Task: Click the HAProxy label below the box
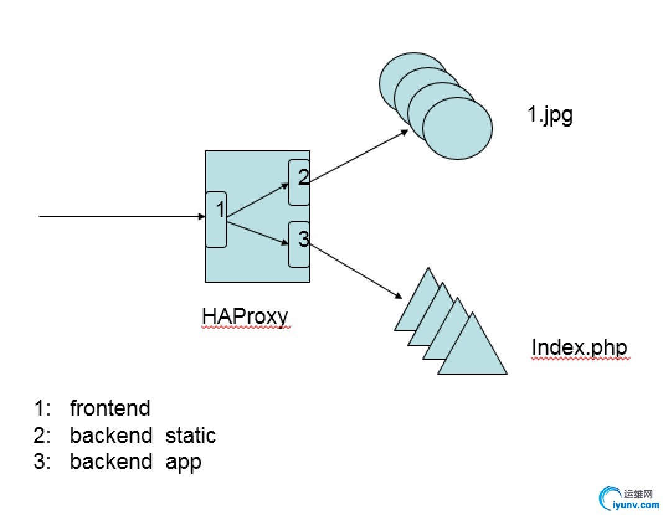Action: (245, 316)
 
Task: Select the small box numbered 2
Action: (299, 182)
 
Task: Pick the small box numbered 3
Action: (299, 244)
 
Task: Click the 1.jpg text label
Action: (550, 116)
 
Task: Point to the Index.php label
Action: (579, 347)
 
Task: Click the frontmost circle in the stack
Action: (458, 128)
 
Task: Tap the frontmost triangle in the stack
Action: (472, 351)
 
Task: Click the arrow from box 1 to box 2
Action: (258, 201)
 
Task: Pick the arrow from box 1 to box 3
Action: (258, 230)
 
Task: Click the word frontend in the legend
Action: (110, 408)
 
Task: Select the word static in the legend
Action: (190, 435)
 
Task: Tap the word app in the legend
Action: (184, 463)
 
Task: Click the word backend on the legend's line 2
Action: (111, 435)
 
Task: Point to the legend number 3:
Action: (43, 462)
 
